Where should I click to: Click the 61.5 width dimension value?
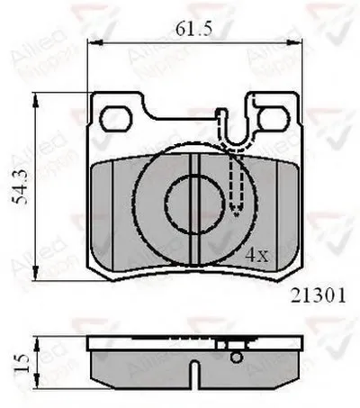(193, 30)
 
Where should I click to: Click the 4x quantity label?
(258, 255)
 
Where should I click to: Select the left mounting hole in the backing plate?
(115, 118)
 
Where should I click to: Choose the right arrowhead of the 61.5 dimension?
(298, 44)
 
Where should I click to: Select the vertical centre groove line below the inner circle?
(197, 243)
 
